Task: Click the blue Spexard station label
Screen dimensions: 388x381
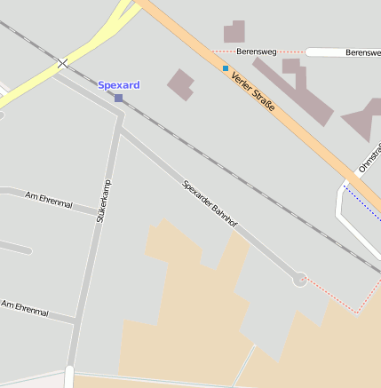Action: [119, 85]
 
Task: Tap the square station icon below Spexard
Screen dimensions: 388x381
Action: [118, 98]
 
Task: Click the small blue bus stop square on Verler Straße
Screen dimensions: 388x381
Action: [226, 67]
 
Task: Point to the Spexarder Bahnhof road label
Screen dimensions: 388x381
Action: [211, 204]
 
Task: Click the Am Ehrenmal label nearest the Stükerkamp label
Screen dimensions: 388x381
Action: [49, 200]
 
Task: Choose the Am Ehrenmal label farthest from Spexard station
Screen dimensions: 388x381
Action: [25, 307]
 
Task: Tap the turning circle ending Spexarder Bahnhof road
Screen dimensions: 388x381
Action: [300, 279]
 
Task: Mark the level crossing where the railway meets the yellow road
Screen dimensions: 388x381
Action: [62, 63]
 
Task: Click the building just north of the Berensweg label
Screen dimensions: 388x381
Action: [234, 33]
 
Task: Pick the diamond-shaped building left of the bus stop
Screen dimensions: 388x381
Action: [180, 83]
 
